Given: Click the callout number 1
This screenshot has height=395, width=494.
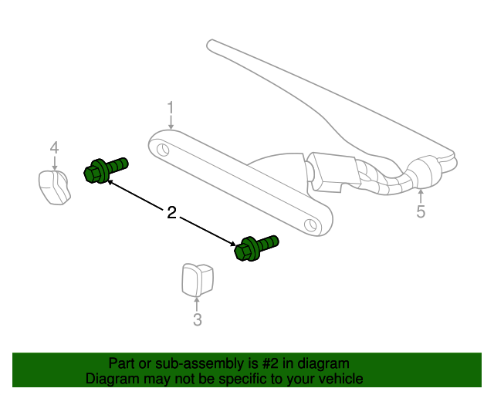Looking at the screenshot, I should [171, 108].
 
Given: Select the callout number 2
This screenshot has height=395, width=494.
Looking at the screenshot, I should [171, 212].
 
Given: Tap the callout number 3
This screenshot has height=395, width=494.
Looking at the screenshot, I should [197, 319].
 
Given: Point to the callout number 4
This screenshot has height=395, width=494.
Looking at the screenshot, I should [54, 147].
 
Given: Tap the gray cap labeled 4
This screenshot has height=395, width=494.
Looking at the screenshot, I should [54, 187].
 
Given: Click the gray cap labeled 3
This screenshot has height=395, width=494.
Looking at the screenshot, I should [196, 279].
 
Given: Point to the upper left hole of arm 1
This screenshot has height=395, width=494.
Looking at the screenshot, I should [162, 147].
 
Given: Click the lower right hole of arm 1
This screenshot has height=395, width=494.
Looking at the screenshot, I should [310, 224].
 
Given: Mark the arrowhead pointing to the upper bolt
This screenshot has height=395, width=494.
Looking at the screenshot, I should [109, 182].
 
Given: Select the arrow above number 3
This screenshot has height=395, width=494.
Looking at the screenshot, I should [197, 303].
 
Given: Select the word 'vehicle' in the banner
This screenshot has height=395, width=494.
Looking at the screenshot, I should [338, 379].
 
